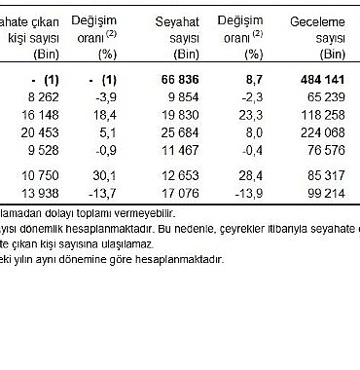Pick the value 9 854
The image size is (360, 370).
[179, 95]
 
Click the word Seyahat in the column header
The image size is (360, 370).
[176, 20]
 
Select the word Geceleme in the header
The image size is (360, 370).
[317, 20]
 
